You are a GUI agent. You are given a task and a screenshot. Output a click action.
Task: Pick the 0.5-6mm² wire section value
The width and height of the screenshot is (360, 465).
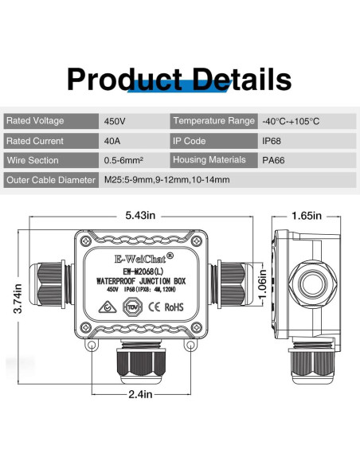coord(123,161)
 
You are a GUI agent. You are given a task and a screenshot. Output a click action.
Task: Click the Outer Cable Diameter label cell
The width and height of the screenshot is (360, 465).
coord(49,180)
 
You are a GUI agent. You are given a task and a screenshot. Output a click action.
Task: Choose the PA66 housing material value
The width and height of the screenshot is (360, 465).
coord(274,161)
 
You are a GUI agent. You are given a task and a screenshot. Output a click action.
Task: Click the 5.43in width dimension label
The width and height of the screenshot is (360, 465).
coord(142,215)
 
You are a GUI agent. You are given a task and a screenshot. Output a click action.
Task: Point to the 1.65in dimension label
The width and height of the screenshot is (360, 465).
coord(306,215)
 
